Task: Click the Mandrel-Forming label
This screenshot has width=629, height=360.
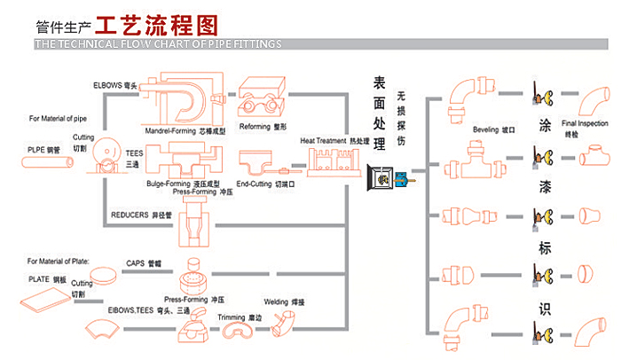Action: (x=185, y=130)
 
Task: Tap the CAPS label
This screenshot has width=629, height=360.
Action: (x=144, y=263)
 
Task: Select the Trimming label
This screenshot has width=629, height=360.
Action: (x=240, y=317)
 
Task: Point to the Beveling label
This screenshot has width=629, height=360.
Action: (x=494, y=129)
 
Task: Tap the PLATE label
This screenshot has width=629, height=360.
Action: (x=48, y=278)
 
